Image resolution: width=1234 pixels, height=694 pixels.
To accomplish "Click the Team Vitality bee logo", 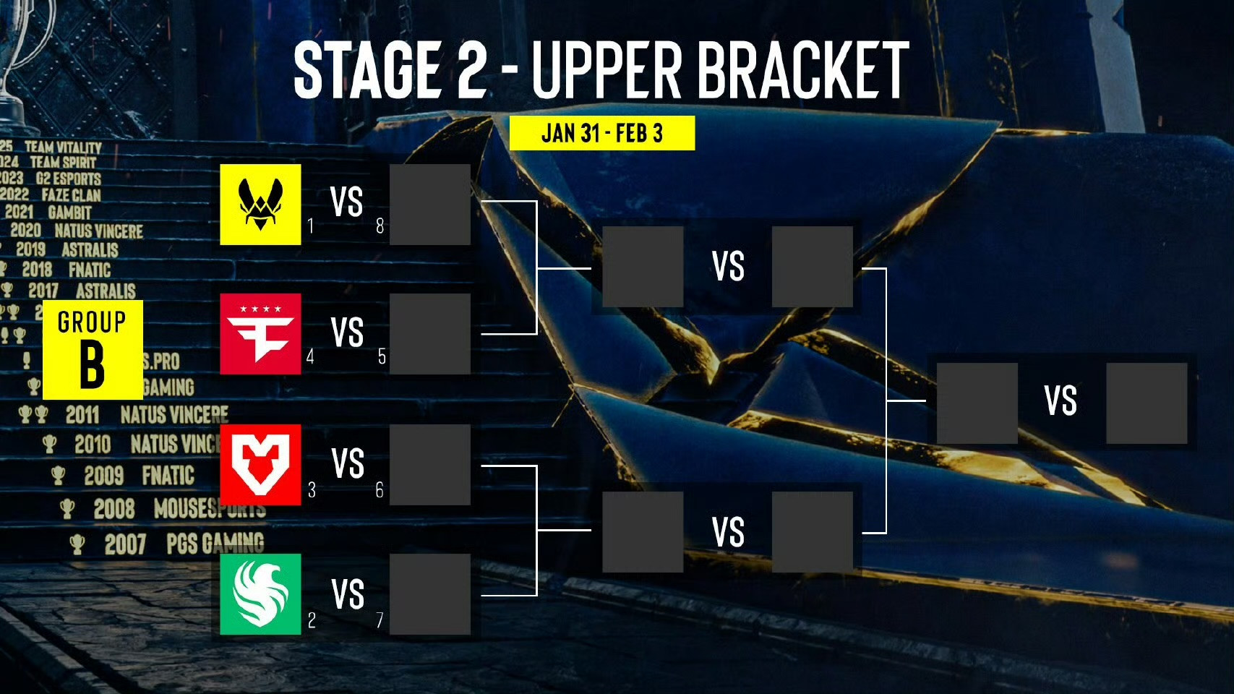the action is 260,205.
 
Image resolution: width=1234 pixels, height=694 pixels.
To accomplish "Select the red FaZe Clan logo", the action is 260,334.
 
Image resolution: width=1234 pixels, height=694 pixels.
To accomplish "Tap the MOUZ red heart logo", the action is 260,464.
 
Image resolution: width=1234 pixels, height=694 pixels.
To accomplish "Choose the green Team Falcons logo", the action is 260,594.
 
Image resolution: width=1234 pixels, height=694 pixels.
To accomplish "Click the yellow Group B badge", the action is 93,350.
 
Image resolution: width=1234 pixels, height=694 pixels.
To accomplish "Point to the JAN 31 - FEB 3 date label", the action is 602,133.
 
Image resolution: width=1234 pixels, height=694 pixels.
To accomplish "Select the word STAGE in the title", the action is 367,69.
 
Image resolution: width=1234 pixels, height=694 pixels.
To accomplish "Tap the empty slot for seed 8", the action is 430,205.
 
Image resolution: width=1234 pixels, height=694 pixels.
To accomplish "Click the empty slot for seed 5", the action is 430,334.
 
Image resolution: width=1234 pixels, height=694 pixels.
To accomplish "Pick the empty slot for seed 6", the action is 430,464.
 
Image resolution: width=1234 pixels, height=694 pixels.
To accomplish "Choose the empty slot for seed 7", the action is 430,594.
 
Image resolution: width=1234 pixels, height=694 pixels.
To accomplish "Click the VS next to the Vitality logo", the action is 346,202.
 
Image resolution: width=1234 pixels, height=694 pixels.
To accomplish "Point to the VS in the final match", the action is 1061,400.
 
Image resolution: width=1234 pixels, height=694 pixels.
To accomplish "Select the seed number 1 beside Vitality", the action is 310,226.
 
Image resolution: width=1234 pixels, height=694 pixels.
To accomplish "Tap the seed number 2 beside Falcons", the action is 312,620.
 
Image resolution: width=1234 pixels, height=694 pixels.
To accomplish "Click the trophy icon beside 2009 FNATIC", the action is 58,476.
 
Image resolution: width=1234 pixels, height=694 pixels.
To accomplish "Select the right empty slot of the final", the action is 1147,403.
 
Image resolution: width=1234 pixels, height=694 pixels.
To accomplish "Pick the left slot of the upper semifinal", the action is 643,267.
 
